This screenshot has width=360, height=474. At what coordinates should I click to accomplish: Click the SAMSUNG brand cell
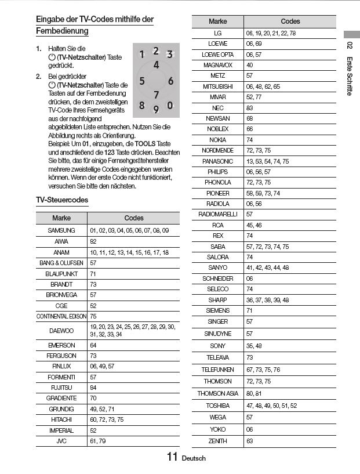point(61,230)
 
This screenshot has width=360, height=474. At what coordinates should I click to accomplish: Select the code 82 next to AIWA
point(93,241)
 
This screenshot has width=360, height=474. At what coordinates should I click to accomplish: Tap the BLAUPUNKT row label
point(61,273)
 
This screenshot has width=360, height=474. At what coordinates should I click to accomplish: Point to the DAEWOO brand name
point(61,331)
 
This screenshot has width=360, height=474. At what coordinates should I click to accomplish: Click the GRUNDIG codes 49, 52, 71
point(102,409)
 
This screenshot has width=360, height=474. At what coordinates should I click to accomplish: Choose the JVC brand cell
point(61,442)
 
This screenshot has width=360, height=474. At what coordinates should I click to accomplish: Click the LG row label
point(217,33)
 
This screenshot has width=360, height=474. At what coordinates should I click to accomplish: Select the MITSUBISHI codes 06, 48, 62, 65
point(263,86)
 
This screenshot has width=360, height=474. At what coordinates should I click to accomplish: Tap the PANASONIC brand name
point(217,161)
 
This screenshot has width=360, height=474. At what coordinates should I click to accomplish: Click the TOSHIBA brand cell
point(217,406)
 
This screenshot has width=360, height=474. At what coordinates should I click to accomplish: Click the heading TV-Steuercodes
point(62,200)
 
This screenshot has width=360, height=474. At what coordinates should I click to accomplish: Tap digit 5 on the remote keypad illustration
point(142,81)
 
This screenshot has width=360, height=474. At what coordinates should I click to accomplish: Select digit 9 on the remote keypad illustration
point(156,108)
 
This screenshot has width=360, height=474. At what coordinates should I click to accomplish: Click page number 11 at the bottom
point(172,457)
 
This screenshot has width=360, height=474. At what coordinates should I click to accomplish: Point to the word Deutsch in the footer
point(194,458)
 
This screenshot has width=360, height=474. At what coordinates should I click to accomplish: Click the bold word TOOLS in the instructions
point(146,143)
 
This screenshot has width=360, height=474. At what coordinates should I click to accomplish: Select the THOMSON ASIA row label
point(217,394)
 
